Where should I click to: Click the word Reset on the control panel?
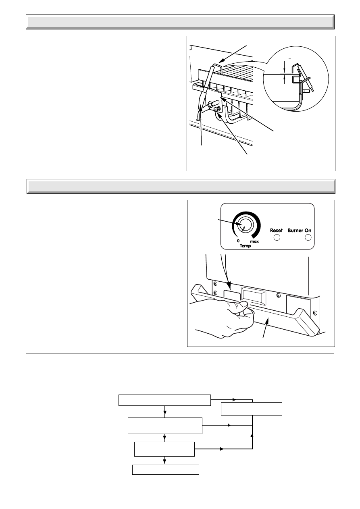click(x=276, y=230)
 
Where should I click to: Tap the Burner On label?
click(x=300, y=230)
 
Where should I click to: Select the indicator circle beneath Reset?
click(x=277, y=237)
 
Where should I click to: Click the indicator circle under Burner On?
click(x=308, y=237)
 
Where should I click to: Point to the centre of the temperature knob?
click(x=245, y=225)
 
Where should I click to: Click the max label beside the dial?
click(x=254, y=241)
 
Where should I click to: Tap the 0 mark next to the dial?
click(x=238, y=241)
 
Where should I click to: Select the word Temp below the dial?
click(x=245, y=246)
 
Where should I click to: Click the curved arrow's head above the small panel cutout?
click(x=229, y=286)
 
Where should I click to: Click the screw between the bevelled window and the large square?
click(x=277, y=295)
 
